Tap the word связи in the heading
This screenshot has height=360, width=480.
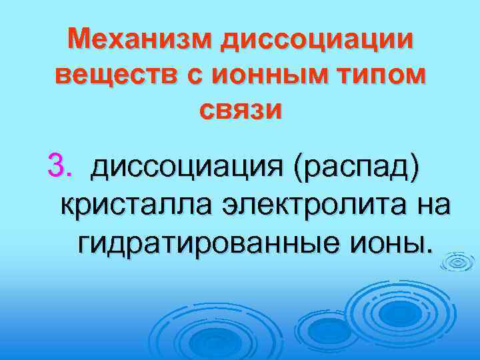pyautogui.click(x=240, y=109)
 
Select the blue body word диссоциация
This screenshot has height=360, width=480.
pyautogui.click(x=186, y=165)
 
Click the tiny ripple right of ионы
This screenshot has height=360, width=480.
pyautogui.click(x=457, y=262)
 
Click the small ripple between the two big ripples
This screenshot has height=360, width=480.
pyautogui.click(x=318, y=329)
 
